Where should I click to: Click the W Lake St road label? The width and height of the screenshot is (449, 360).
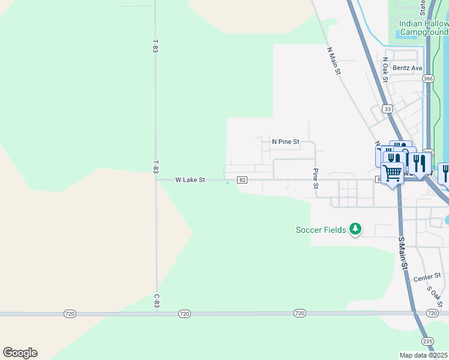click(190, 179)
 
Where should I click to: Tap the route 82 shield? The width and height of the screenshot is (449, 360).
click(243, 180)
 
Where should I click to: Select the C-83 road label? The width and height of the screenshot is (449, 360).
click(156, 301)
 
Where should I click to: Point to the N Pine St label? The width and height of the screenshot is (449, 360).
click(285, 142)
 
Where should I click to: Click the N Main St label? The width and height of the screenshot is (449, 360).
click(334, 61)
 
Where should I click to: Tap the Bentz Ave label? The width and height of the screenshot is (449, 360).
click(408, 68)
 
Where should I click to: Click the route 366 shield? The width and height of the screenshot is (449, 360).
click(427, 79)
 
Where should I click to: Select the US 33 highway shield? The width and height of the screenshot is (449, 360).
click(388, 109)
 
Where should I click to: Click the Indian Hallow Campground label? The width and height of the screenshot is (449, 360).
click(424, 27)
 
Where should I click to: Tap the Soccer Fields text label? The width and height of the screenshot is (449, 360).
click(321, 229)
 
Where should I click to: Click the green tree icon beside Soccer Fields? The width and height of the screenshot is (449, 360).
click(356, 229)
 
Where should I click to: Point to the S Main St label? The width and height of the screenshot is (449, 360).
click(403, 253)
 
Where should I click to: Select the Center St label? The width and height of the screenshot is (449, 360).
click(427, 278)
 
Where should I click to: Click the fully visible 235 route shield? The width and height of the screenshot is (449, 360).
click(427, 340)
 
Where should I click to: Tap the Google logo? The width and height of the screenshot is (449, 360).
click(20, 353)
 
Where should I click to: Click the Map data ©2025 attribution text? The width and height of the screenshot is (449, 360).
click(424, 355)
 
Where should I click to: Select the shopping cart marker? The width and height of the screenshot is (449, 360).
click(393, 173)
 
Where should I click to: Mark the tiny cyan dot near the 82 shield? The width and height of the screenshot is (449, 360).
click(227, 184)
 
